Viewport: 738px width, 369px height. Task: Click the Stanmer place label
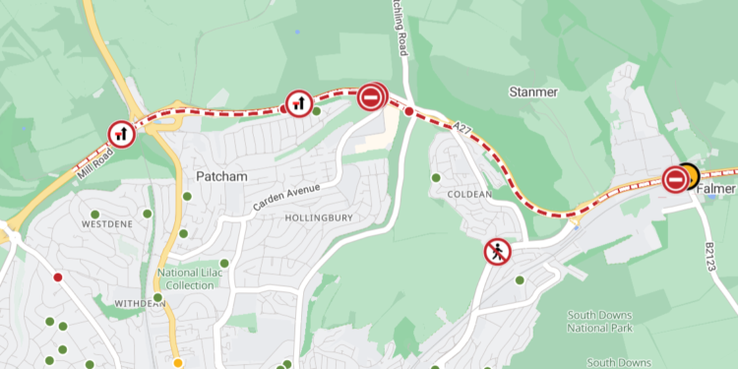pyautogui.click(x=533, y=92)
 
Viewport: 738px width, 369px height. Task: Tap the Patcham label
pyautogui.click(x=220, y=176)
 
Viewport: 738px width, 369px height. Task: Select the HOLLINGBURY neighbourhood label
pyautogui.click(x=318, y=216)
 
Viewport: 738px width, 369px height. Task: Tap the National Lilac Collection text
pyautogui.click(x=189, y=278)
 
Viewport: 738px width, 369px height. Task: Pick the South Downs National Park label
pyautogui.click(x=599, y=322)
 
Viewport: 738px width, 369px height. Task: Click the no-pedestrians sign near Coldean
pyautogui.click(x=498, y=253)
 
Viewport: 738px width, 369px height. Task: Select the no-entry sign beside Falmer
pyautogui.click(x=675, y=178)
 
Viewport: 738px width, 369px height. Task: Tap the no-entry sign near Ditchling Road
pyautogui.click(x=372, y=96)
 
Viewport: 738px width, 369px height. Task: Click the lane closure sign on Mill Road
pyautogui.click(x=122, y=133)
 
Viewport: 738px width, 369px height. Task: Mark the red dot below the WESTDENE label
pyautogui.click(x=58, y=277)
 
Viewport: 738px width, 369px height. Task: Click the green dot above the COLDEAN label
pyautogui.click(x=436, y=178)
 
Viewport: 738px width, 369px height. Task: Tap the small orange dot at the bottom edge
pyautogui.click(x=178, y=362)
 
